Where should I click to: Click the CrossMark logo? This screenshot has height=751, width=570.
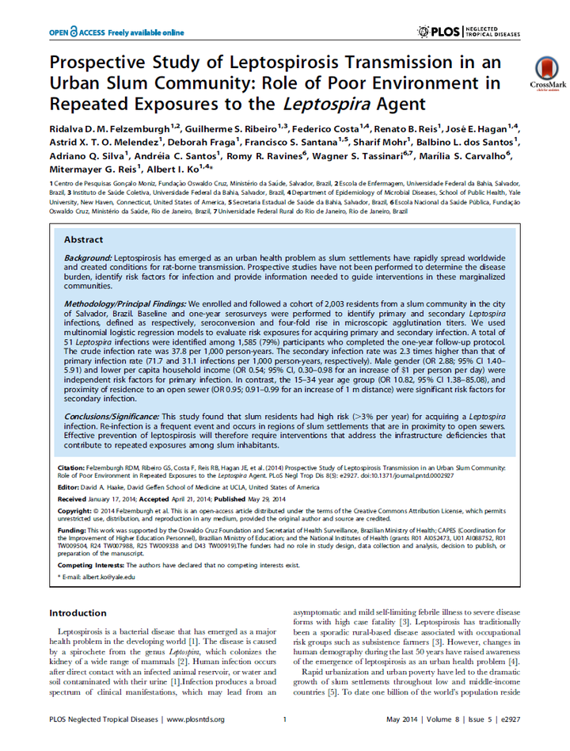point(545,74)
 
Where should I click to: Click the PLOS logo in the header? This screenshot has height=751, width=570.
point(443,32)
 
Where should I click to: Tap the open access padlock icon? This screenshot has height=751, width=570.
point(74,32)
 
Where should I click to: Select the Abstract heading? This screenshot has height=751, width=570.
point(83,240)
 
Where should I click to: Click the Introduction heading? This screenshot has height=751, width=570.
point(78,613)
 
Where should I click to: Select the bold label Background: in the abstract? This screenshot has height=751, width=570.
point(88,259)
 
